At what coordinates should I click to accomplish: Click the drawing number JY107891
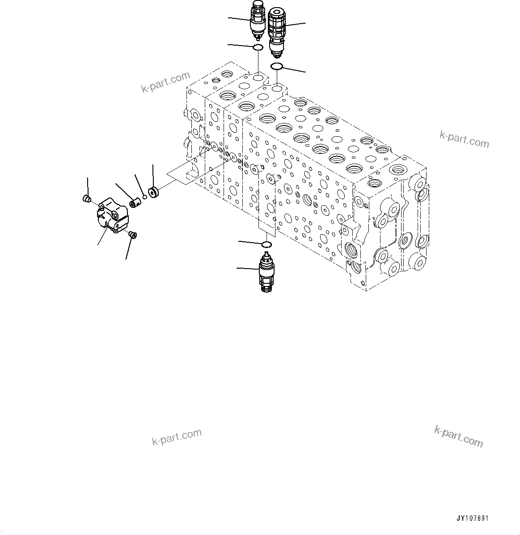pyautogui.click(x=472, y=518)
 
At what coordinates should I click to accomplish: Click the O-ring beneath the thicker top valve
pyautogui.click(x=276, y=67)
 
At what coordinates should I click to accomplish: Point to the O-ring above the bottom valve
pyautogui.click(x=266, y=244)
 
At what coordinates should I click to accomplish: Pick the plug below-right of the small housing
pyautogui.click(x=132, y=234)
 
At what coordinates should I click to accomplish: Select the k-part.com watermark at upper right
pyautogui.click(x=464, y=139)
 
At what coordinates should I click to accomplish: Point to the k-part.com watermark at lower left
pyautogui.click(x=177, y=437)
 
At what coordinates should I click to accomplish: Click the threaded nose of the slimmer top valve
pyautogui.click(x=257, y=37)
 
